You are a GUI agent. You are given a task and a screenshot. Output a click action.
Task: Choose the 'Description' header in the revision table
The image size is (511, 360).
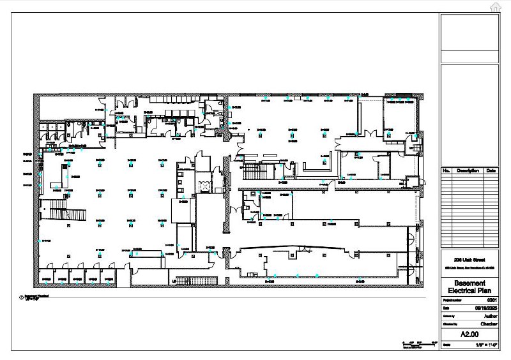click(x=468, y=171)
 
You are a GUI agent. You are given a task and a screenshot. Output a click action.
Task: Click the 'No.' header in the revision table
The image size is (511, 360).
click(x=446, y=171)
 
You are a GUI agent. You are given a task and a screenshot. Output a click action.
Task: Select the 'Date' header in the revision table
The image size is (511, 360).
click(x=491, y=171)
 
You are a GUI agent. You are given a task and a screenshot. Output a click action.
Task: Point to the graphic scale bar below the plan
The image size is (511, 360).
click(x=419, y=344)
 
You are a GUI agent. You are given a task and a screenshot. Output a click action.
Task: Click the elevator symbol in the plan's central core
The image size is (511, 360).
click(x=205, y=186)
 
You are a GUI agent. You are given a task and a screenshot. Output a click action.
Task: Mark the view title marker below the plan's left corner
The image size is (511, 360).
click(x=22, y=297)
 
